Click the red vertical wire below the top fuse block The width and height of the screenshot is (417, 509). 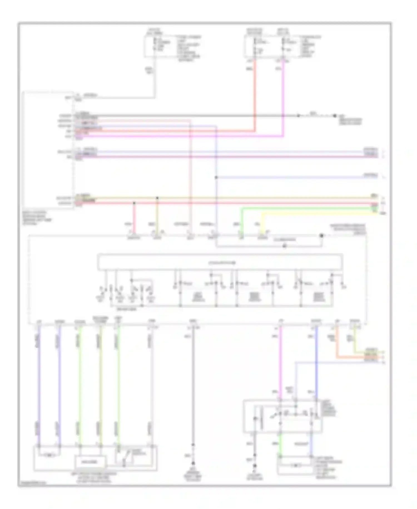[254, 95]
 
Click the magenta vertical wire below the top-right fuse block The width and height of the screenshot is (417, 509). [283, 97]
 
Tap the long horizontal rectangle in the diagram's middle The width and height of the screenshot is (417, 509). [220, 262]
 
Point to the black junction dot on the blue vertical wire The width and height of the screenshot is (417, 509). [216, 177]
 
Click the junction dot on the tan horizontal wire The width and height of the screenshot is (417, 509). [157, 198]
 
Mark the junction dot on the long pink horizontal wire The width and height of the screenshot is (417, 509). [134, 203]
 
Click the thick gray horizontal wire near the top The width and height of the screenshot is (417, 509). [195, 116]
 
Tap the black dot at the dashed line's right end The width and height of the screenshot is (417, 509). [335, 116]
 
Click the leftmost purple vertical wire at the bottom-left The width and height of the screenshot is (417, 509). [39, 384]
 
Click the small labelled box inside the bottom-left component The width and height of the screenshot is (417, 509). [90, 462]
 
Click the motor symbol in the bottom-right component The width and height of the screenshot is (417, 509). [295, 465]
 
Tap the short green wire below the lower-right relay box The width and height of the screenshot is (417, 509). [280, 444]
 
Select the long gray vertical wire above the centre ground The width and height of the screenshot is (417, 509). [193, 384]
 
